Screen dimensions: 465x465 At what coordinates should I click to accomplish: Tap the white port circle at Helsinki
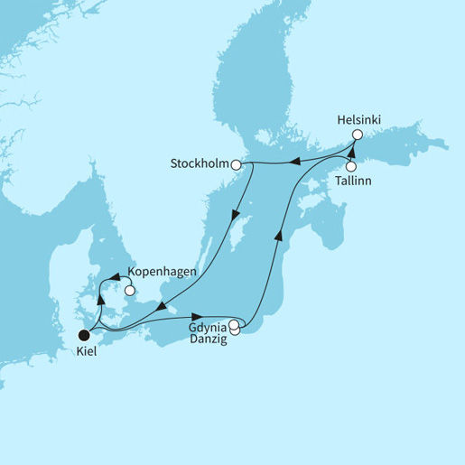click(x=357, y=135)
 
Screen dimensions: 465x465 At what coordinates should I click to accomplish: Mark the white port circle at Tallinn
click(x=350, y=166)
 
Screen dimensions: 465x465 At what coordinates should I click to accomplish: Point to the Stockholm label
click(x=200, y=165)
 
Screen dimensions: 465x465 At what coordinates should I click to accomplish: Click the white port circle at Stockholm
click(x=236, y=165)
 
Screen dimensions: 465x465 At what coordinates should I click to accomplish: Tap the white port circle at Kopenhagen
click(x=131, y=290)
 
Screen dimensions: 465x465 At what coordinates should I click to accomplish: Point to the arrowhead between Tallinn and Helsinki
click(x=350, y=149)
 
